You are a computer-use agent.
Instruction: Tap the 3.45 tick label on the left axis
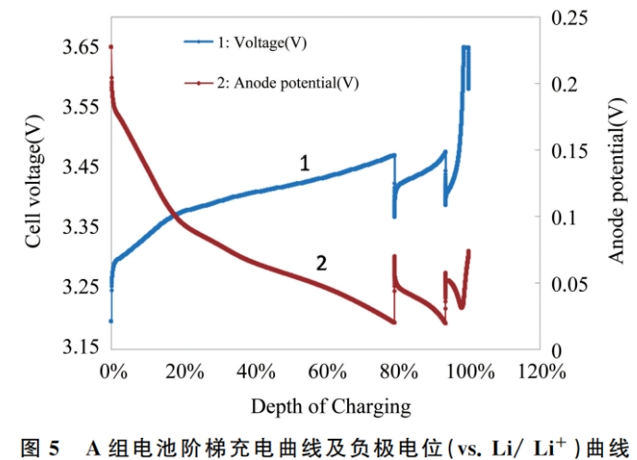(79, 167)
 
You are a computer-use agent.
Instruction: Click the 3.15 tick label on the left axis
(79, 347)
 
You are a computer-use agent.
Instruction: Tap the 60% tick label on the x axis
(327, 372)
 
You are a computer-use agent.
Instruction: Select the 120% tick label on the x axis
(540, 372)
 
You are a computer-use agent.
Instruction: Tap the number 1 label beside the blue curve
(304, 163)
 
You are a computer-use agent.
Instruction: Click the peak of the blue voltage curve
(466, 47)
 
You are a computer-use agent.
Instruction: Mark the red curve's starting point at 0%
(111, 46)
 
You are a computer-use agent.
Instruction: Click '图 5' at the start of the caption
(42, 447)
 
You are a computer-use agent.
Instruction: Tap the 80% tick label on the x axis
(399, 372)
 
